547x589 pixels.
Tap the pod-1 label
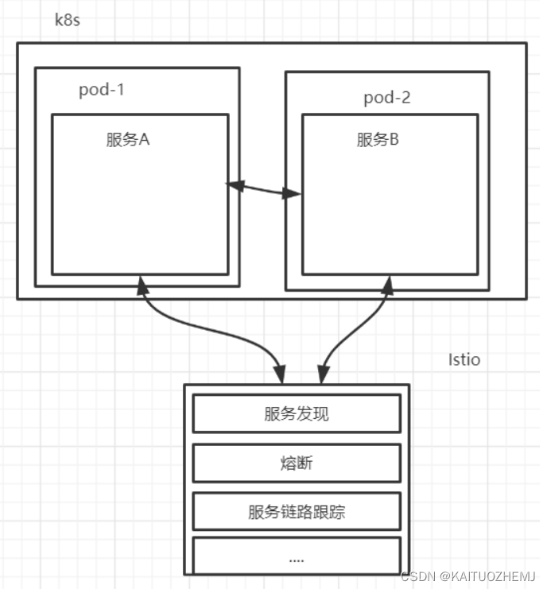click(101, 89)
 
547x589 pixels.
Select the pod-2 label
click(387, 98)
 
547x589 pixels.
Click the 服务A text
click(128, 140)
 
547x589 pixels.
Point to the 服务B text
click(378, 140)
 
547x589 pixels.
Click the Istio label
click(464, 360)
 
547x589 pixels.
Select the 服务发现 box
click(297, 413)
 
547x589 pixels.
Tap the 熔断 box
click(297, 463)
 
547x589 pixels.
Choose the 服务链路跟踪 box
click(297, 511)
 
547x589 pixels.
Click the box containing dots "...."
click(297, 556)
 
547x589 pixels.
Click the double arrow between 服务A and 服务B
click(265, 189)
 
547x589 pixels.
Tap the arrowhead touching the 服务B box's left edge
click(295, 193)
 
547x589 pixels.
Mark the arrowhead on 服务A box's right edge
click(234, 185)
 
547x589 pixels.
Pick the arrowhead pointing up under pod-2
click(387, 284)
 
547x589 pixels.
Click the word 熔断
click(297, 463)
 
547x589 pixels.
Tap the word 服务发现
click(297, 413)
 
